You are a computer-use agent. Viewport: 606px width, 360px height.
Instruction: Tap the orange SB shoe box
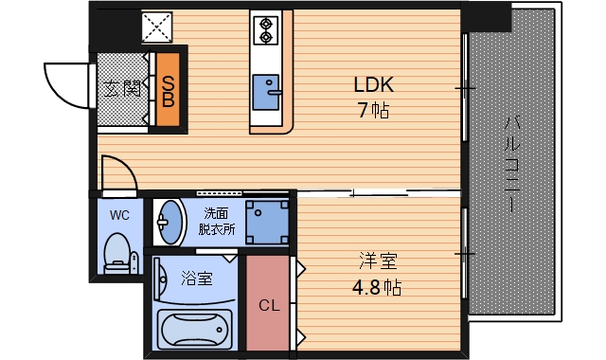168,88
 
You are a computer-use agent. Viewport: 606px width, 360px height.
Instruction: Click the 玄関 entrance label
122,90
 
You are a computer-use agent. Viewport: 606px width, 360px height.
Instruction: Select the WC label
119,215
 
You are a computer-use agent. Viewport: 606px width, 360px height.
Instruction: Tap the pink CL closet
270,305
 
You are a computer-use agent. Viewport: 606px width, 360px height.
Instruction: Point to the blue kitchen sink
267,93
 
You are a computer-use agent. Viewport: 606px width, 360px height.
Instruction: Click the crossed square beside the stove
156,27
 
